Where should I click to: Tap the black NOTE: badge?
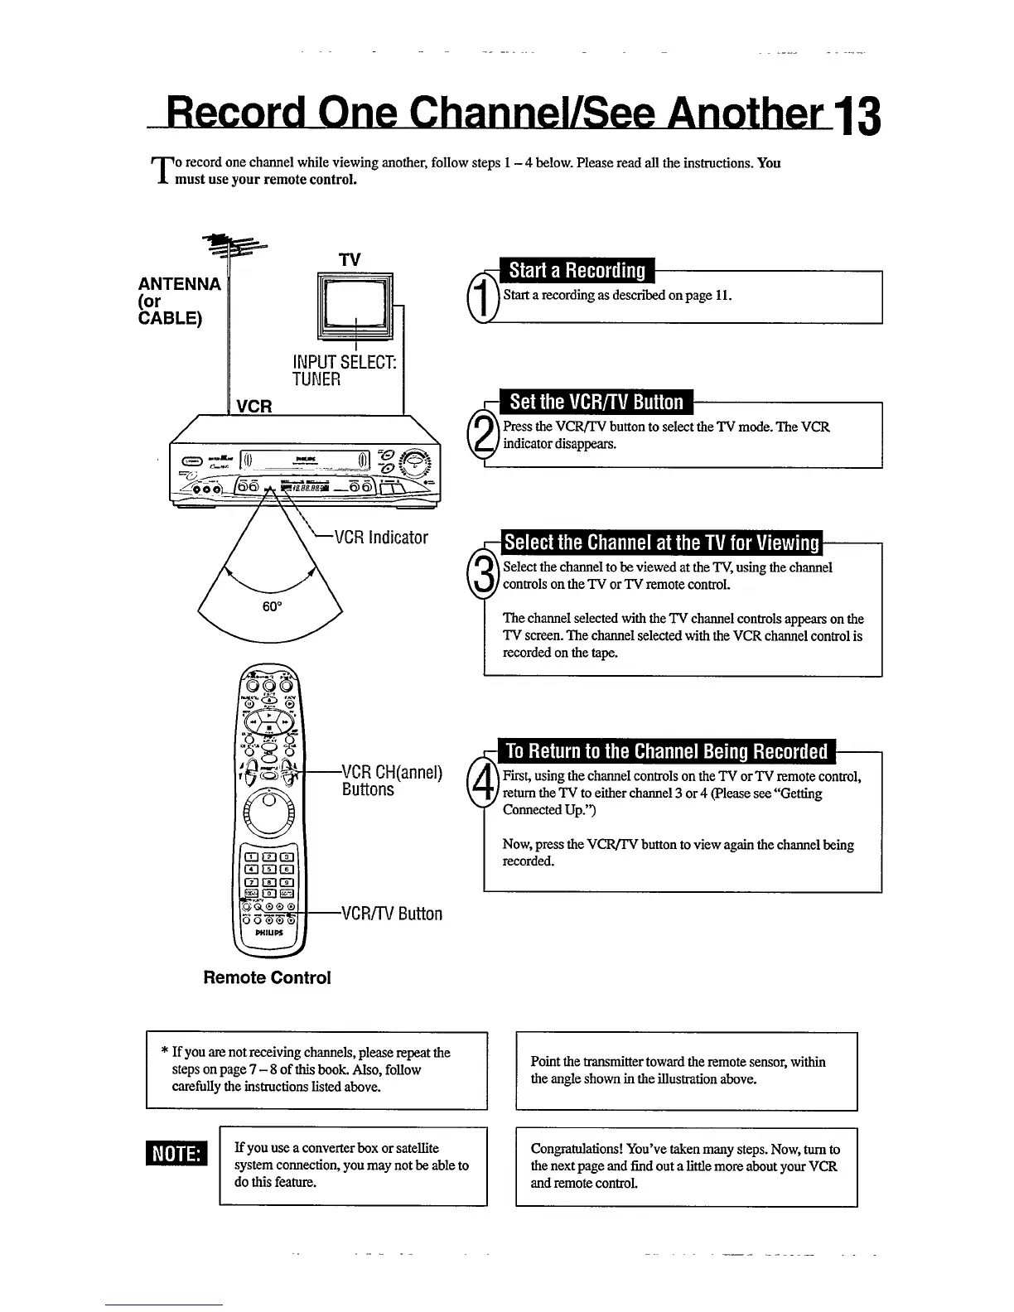176,1154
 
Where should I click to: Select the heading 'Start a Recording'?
577,271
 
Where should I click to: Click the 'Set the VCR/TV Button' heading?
596,403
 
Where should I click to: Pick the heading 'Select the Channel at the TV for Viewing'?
662,543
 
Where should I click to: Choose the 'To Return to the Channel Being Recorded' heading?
666,751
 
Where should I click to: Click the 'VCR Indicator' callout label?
381,538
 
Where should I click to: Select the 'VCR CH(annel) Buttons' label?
391,781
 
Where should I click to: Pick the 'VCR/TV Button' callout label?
392,914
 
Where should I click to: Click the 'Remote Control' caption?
267,977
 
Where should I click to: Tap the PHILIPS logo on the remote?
270,932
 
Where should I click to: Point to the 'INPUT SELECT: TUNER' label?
343,371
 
